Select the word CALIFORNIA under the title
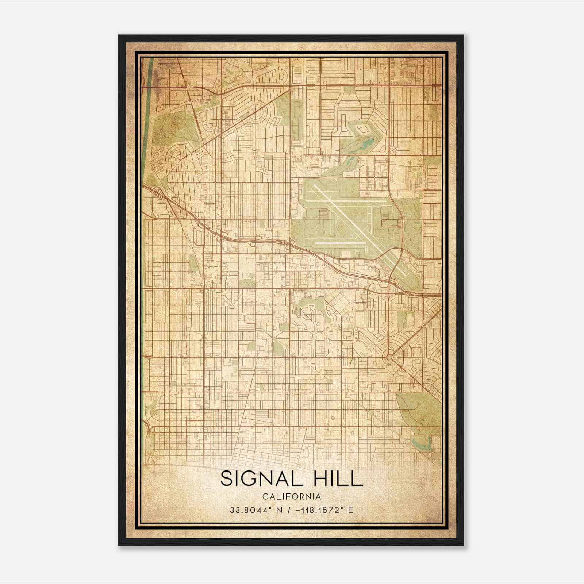291,497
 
